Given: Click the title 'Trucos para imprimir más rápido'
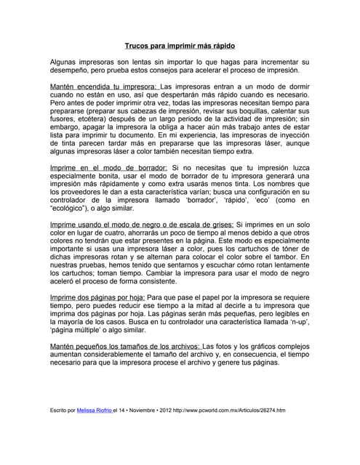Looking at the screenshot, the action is point(179,45).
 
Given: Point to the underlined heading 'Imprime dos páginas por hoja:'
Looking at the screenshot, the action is point(97,298).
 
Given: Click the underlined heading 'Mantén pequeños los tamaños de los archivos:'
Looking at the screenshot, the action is point(124,346).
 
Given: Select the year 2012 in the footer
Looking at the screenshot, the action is point(166,411).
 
